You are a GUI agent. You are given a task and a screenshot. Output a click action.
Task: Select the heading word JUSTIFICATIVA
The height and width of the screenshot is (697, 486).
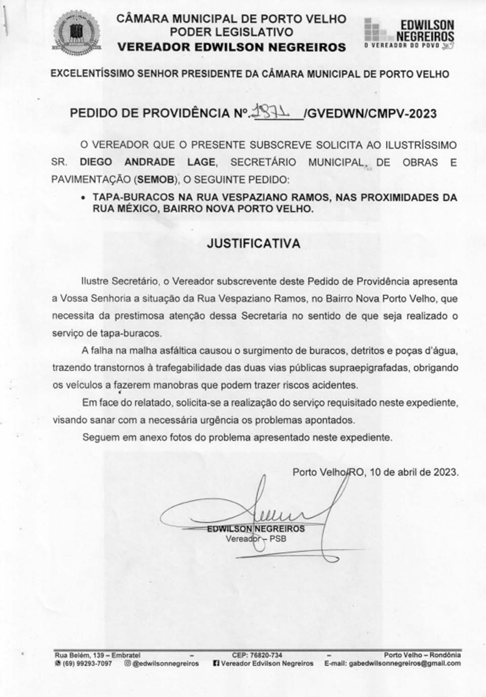(254, 243)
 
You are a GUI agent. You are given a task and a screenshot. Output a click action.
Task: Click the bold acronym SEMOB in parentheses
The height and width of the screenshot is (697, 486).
(152, 179)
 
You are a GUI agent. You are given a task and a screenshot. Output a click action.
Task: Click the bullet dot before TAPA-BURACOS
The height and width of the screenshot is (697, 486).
(84, 198)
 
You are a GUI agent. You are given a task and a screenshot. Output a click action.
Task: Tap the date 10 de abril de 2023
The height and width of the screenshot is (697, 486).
(414, 472)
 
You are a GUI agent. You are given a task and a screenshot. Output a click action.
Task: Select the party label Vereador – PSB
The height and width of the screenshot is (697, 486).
(256, 539)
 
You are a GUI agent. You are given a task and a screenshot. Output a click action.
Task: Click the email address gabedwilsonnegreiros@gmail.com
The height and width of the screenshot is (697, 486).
(404, 663)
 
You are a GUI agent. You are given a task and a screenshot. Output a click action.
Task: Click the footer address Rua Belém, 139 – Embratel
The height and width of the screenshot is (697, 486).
(98, 655)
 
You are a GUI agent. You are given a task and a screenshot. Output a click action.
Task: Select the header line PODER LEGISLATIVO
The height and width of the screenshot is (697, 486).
(231, 32)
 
